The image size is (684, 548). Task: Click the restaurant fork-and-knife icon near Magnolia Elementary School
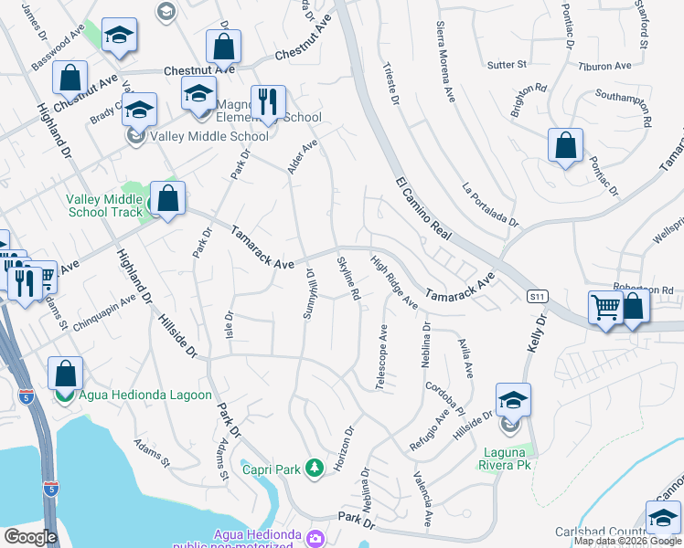pyautogui.click(x=267, y=103)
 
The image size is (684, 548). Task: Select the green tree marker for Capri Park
pyautogui.click(x=315, y=469)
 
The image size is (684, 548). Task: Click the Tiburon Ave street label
pyautogui.click(x=605, y=67)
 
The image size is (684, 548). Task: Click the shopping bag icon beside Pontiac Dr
pyautogui.click(x=566, y=145)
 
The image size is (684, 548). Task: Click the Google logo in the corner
pyautogui.click(x=30, y=537)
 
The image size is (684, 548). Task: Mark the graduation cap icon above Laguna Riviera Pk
pyautogui.click(x=513, y=400)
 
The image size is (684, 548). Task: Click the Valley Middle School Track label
pyautogui.click(x=105, y=206)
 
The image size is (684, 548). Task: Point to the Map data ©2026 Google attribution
pyautogui.click(x=627, y=541)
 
